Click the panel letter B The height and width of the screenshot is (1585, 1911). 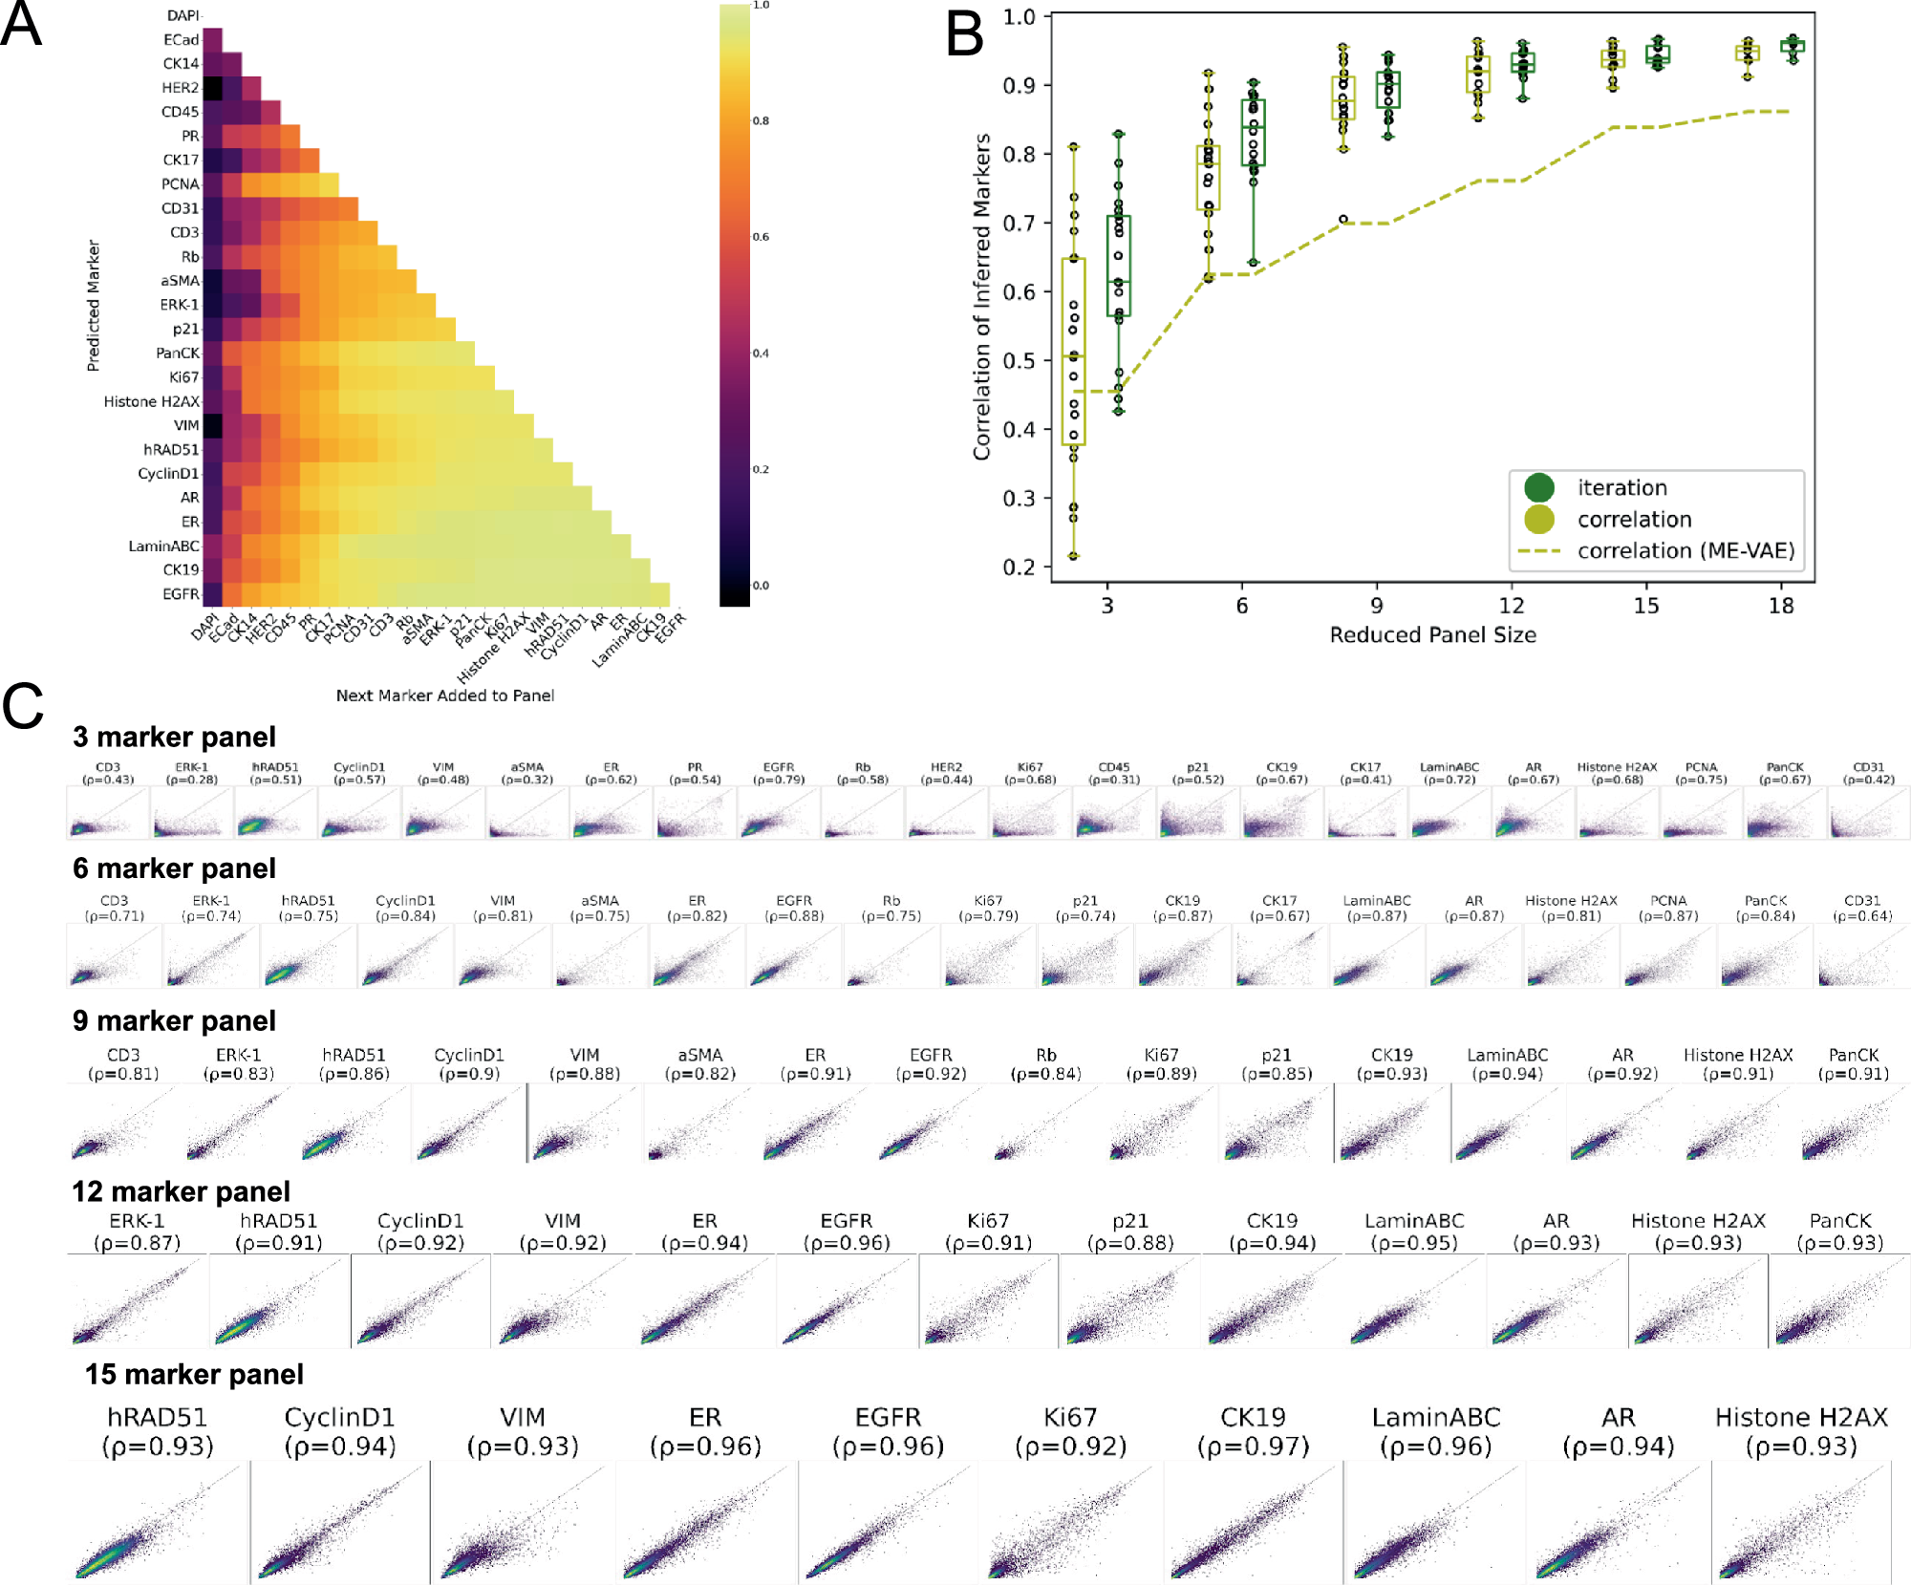pos(964,35)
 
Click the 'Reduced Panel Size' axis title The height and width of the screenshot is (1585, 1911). pos(1432,635)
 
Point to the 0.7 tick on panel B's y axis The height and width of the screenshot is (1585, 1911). pos(1019,224)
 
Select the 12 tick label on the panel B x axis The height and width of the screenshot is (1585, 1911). pos(1511,606)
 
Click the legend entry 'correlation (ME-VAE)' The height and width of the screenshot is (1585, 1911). pos(1686,551)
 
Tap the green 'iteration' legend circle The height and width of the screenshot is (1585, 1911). pos(1539,488)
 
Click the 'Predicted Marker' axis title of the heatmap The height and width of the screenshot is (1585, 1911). pos(94,306)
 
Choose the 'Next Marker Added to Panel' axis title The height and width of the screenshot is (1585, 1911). pos(444,696)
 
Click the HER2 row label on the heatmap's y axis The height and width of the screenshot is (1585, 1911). pos(180,88)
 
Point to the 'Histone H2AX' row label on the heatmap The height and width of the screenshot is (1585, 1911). pos(151,401)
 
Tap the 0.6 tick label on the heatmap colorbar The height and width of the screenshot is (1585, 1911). pos(761,237)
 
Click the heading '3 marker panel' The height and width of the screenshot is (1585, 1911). pos(174,738)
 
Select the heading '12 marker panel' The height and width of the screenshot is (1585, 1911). pos(181,1191)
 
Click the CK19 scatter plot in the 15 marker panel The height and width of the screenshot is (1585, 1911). pos(1253,1521)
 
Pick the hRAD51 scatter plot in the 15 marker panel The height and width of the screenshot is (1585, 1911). pos(158,1521)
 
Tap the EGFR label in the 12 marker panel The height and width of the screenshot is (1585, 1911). pos(847,1221)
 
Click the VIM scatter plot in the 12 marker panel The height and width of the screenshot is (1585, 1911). pos(562,1301)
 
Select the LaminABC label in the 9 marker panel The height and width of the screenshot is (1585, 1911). pos(1507,1055)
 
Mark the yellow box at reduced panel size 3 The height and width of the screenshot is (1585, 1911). pos(1073,352)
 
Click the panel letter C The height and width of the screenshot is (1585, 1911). pos(23,707)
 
